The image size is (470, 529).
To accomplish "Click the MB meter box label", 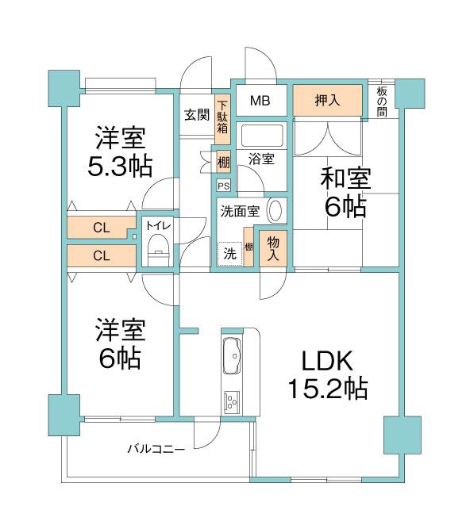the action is pyautogui.click(x=260, y=101).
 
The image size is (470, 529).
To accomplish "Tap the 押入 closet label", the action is pyautogui.click(x=327, y=100).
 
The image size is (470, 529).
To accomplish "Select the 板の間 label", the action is pyautogui.click(x=382, y=102).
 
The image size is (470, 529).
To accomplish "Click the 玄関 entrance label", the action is pyautogui.click(x=197, y=115).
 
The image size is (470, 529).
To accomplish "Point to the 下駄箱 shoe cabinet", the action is pyautogui.click(x=222, y=117).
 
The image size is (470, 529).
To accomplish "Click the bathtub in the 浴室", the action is pyautogui.click(x=262, y=136).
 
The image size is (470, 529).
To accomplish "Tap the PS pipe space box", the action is pyautogui.click(x=224, y=186).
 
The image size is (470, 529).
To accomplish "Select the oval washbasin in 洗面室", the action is pyautogui.click(x=275, y=210).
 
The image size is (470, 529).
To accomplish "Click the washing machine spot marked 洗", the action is pyautogui.click(x=230, y=254).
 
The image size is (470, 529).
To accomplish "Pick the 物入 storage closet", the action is pyautogui.click(x=273, y=248).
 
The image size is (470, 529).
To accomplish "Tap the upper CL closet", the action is pyautogui.click(x=101, y=228).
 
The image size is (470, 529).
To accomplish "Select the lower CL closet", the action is pyautogui.click(x=102, y=255).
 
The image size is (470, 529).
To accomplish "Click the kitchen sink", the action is pyautogui.click(x=233, y=355).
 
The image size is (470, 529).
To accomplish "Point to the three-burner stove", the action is pyautogui.click(x=232, y=401).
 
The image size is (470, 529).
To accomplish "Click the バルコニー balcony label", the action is pyautogui.click(x=156, y=449).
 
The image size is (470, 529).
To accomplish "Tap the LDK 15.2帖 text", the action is pyautogui.click(x=327, y=374).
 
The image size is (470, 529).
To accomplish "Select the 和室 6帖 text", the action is pyautogui.click(x=345, y=192).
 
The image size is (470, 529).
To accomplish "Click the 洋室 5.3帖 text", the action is pyautogui.click(x=120, y=151).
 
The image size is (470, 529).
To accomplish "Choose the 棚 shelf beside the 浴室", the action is pyautogui.click(x=223, y=163).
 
